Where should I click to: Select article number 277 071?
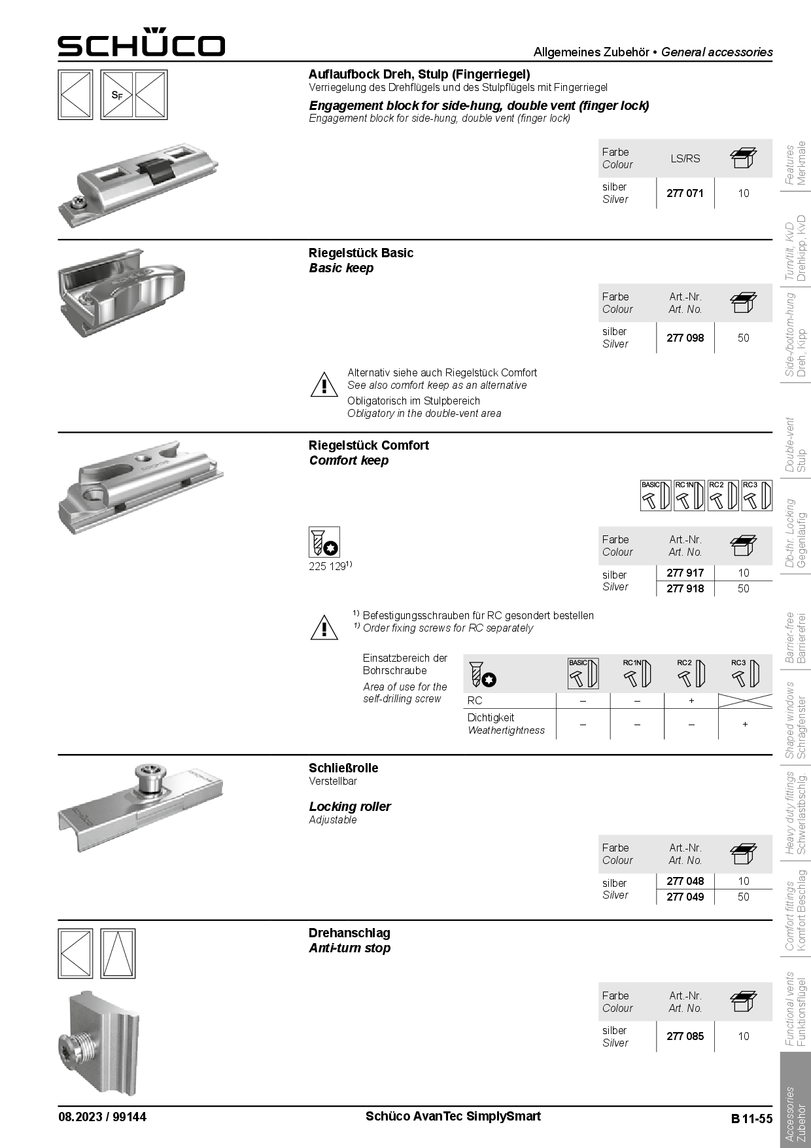point(685,193)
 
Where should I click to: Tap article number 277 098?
point(685,338)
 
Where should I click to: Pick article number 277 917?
point(685,573)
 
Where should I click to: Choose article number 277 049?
point(685,897)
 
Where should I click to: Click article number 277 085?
point(685,1036)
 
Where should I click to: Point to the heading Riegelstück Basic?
point(361,253)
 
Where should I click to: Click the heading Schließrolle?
point(343,768)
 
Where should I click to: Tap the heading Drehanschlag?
point(349,933)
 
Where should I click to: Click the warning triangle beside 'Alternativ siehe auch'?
point(324,385)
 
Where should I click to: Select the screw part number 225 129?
point(327,566)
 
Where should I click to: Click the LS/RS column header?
point(685,158)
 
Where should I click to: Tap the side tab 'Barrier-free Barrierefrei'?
point(796,638)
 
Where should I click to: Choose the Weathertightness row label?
point(506,724)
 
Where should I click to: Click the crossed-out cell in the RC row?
point(745,700)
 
